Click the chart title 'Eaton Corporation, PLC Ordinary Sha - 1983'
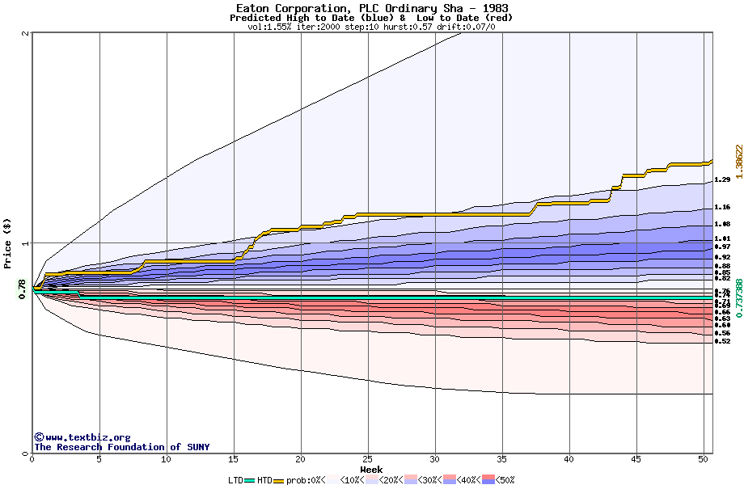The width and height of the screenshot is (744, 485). pos(372,8)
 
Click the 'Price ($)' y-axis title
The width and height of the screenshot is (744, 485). pos(8,242)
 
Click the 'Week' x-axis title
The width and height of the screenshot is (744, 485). pos(371,469)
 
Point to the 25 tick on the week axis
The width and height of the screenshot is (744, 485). pos(367,459)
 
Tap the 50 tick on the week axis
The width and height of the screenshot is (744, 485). pos(704,459)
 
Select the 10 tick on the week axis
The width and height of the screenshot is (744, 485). pos(166,459)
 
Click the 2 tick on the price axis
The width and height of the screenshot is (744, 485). pos(27,33)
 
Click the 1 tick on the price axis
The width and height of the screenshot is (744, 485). pos(27,243)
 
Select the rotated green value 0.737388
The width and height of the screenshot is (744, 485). pos(738,310)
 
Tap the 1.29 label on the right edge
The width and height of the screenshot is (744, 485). pos(723,179)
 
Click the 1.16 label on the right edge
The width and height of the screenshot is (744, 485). pos(723,207)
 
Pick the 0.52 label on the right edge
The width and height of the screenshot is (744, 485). pos(723,341)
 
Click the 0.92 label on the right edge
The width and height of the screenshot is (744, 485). pos(723,257)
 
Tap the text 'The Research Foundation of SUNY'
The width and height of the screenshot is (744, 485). pos(121,447)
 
